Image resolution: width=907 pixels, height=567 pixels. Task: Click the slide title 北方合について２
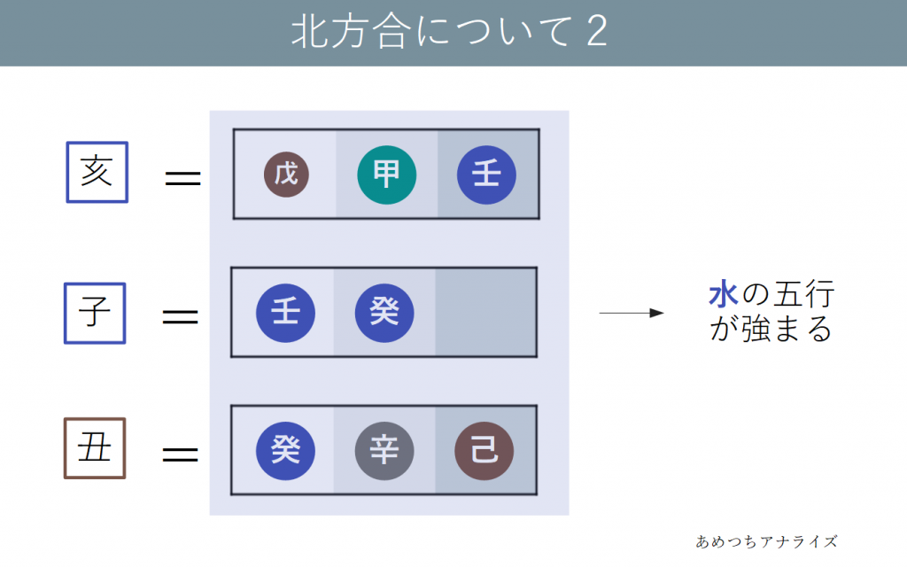(x=449, y=34)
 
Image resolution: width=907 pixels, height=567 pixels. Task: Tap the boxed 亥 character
(x=97, y=172)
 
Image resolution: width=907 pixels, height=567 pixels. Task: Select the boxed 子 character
(x=95, y=313)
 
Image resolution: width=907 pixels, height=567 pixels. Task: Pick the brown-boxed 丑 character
(x=95, y=448)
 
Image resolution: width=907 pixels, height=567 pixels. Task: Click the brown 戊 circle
(x=286, y=175)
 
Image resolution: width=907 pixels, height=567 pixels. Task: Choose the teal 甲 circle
(x=386, y=175)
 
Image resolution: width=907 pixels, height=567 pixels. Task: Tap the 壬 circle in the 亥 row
(x=486, y=175)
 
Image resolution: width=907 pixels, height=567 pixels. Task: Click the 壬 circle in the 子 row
(x=285, y=313)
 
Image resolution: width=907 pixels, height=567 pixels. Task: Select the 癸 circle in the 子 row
(x=384, y=313)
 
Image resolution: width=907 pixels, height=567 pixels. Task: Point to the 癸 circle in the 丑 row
(x=285, y=451)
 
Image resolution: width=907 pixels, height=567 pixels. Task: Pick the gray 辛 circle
(x=384, y=451)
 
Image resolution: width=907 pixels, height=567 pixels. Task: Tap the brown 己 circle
(x=484, y=451)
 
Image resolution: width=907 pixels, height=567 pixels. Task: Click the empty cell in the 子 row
(x=485, y=313)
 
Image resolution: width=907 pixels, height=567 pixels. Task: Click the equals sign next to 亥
(x=183, y=179)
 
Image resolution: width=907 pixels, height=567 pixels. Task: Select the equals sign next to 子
(x=180, y=316)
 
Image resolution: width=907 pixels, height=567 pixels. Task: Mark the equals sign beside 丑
(x=180, y=454)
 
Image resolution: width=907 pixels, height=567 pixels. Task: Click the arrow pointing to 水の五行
(x=631, y=313)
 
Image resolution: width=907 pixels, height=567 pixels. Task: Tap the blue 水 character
(x=723, y=296)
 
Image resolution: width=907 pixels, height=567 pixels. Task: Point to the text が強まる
(x=771, y=330)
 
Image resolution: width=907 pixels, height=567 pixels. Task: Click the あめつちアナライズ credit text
(x=766, y=541)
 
